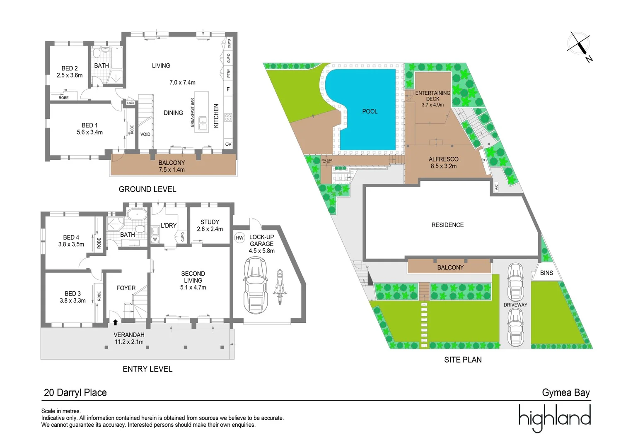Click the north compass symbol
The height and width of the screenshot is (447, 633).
click(579, 45)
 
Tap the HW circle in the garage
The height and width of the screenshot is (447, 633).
click(239, 238)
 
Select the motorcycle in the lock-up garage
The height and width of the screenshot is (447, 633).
click(279, 287)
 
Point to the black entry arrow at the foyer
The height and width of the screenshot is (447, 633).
click(115, 322)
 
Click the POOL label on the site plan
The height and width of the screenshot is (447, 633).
click(370, 111)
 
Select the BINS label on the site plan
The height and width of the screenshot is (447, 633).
click(546, 273)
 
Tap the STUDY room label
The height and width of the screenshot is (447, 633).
click(210, 222)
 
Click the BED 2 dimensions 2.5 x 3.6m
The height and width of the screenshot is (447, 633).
click(70, 75)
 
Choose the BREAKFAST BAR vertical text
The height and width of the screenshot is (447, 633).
click(192, 112)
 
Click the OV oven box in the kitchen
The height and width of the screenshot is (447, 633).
click(228, 144)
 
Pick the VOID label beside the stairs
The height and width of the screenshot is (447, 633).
click(145, 134)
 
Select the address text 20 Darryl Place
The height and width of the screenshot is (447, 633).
click(75, 392)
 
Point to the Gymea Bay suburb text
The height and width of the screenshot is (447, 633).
click(565, 392)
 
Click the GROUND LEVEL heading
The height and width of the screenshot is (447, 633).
click(147, 189)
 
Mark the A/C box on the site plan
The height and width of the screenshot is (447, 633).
click(496, 187)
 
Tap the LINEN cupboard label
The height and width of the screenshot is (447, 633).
click(130, 103)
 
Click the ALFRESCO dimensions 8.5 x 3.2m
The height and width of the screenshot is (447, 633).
click(443, 166)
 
